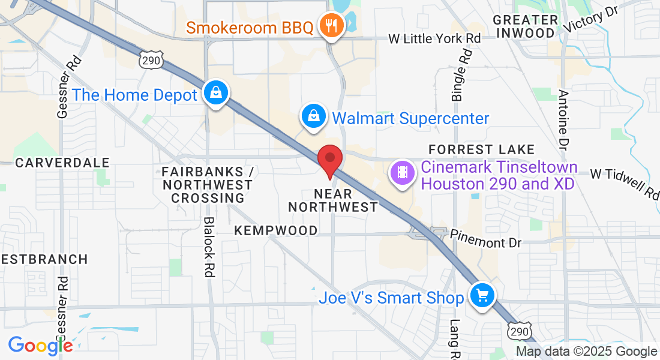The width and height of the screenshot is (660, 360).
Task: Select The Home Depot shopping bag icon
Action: (x=214, y=94)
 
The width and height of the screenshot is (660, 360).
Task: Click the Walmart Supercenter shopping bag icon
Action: (x=314, y=116)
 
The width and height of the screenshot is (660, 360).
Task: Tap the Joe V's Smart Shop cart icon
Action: (x=482, y=296)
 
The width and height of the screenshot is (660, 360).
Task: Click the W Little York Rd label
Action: (x=435, y=38)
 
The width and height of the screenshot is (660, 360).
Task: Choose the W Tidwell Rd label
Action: (x=624, y=182)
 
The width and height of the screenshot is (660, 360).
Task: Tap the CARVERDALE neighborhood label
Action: (x=62, y=163)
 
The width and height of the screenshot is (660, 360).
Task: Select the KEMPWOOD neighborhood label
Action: (x=276, y=230)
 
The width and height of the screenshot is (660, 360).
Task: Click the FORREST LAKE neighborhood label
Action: (x=481, y=149)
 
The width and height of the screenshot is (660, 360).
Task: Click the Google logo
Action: (x=40, y=346)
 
